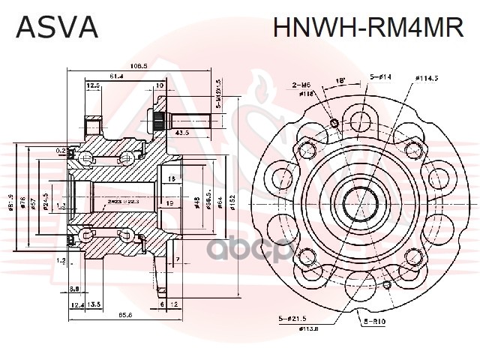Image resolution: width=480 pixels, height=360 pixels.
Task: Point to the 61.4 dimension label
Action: coord(117,76)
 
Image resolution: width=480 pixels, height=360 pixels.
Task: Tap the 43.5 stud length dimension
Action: coord(182,133)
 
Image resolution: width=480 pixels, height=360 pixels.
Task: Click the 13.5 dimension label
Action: coord(95,304)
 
